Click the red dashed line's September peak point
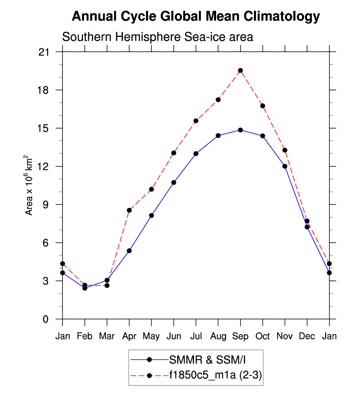[240, 71]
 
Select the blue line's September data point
[240, 130]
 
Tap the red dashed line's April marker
[129, 210]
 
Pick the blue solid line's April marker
[129, 251]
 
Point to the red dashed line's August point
[218, 100]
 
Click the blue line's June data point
[173, 182]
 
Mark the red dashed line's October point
[263, 106]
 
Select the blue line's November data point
[285, 166]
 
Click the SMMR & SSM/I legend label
[200, 359]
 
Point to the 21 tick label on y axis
[48, 52]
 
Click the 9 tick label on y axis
[51, 204]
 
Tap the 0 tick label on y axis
[51, 319]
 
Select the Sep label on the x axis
[240, 336]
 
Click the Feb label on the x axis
[84, 336]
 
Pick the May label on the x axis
[151, 336]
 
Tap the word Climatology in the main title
[279, 17]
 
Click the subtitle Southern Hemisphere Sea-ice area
[157, 37]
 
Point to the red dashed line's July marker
[196, 120]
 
